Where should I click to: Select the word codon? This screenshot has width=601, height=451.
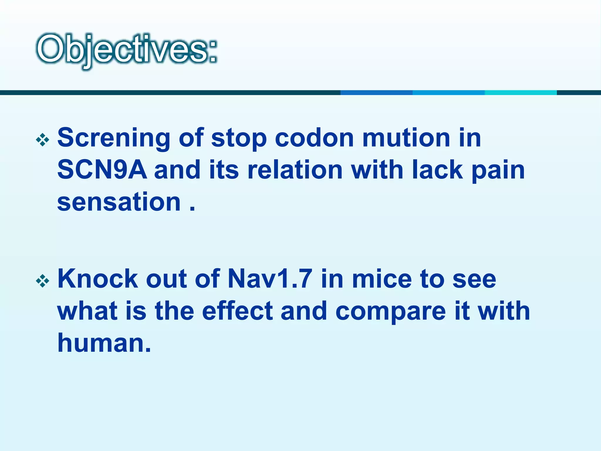[x=314, y=138]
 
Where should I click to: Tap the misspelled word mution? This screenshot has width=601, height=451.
[x=406, y=138]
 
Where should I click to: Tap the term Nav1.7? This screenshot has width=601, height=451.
[x=270, y=279]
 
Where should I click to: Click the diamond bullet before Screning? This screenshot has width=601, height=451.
[x=43, y=140]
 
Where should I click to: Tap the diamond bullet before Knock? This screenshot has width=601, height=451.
[x=43, y=281]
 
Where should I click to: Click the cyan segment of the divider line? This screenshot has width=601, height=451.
[x=521, y=92]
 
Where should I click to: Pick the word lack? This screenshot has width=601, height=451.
[x=438, y=170]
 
